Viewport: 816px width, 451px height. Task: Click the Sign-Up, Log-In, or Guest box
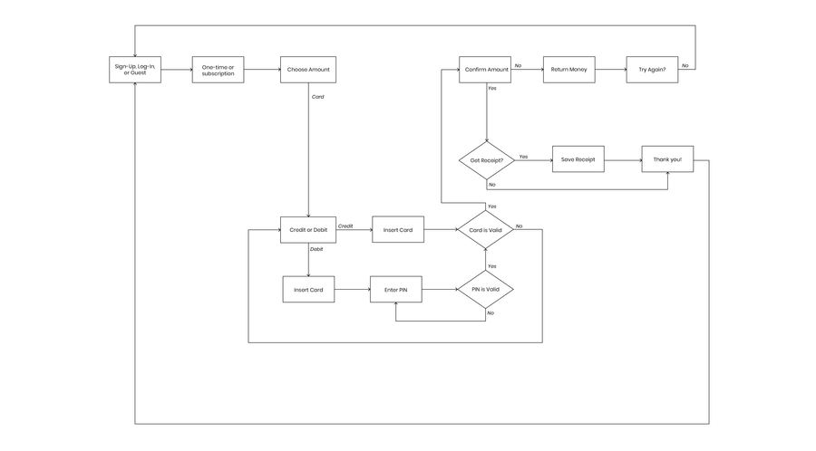(x=135, y=70)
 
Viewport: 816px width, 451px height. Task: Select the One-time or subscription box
(x=218, y=70)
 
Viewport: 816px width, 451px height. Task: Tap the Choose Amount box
(x=308, y=70)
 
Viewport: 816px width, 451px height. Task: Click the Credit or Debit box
(x=308, y=230)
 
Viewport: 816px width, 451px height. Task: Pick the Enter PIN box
(x=396, y=290)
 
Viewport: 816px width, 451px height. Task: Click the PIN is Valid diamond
(x=486, y=290)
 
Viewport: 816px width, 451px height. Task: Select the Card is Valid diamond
(x=486, y=230)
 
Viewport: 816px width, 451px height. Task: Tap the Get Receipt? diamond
(x=487, y=160)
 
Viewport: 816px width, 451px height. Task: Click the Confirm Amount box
(x=485, y=70)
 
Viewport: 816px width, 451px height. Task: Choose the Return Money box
(x=569, y=70)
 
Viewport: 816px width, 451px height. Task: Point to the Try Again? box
(x=652, y=70)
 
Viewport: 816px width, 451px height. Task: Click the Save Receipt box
(x=578, y=159)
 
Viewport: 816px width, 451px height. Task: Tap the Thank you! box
(x=667, y=159)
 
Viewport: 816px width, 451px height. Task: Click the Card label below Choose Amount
(x=317, y=97)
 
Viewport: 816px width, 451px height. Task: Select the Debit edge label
(x=316, y=249)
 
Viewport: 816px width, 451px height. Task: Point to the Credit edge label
(x=345, y=226)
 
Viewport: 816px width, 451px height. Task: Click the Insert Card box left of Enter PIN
(x=308, y=290)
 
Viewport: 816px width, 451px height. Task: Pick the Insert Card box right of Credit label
(x=398, y=230)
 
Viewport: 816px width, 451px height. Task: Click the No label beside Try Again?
(x=685, y=65)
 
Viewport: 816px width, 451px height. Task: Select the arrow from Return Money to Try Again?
(x=611, y=70)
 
